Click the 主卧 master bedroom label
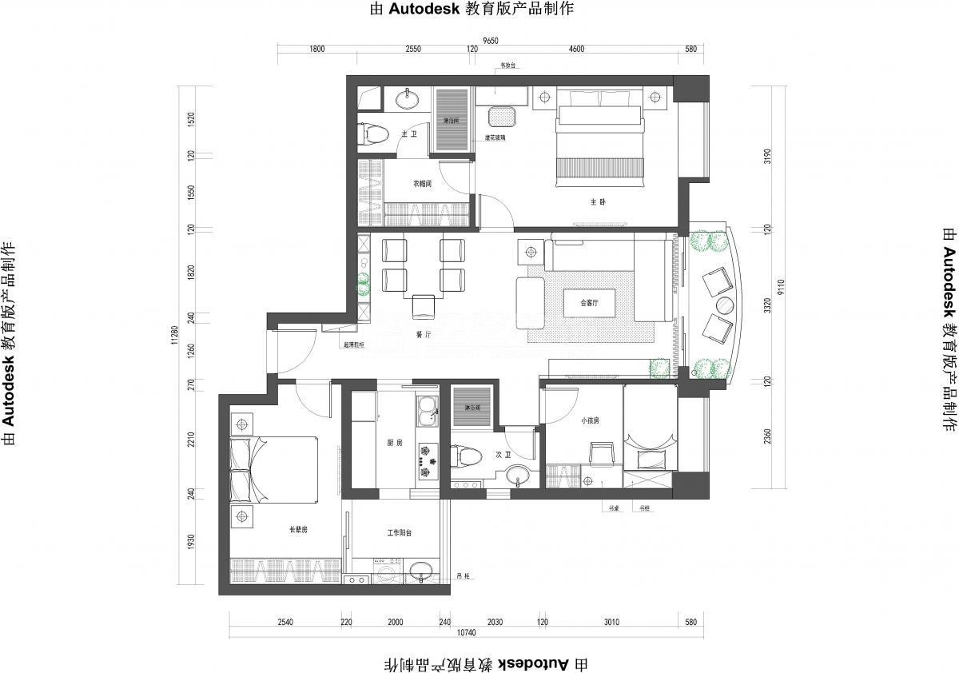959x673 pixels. tap(599, 201)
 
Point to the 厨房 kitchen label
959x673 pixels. tap(395, 442)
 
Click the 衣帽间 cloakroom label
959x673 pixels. tap(422, 183)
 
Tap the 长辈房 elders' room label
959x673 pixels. tap(298, 529)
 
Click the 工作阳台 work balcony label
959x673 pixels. tap(400, 533)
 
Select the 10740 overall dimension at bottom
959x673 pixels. tap(466, 633)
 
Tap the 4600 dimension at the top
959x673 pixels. tap(576, 50)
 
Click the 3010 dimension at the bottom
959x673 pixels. tap(612, 622)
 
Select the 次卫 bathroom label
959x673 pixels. tap(503, 453)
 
